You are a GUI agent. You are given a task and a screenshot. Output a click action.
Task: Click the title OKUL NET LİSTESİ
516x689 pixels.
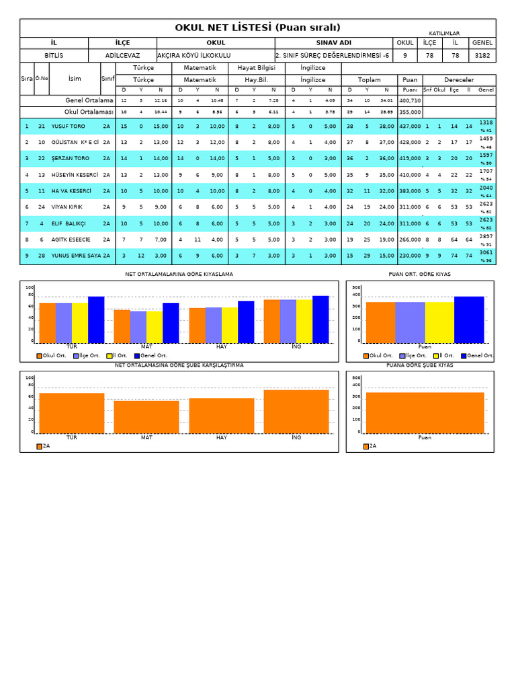coord(257,28)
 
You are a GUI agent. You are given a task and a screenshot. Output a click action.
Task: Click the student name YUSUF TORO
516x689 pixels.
coord(68,126)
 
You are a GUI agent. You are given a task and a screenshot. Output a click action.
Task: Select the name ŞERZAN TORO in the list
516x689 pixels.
coord(70,158)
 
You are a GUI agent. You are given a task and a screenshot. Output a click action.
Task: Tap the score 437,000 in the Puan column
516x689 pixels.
coord(409,126)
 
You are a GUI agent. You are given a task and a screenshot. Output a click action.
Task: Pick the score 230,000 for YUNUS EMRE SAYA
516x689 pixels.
coord(409,256)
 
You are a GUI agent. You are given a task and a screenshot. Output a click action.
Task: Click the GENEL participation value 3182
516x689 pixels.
coord(482,56)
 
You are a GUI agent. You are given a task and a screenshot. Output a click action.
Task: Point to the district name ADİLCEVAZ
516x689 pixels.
coord(122,56)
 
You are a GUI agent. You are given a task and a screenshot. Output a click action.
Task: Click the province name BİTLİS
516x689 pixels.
coord(54,56)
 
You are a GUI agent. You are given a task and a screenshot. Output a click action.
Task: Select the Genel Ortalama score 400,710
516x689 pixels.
coord(409,100)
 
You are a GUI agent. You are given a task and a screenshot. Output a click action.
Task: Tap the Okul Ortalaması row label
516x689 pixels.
coord(89,112)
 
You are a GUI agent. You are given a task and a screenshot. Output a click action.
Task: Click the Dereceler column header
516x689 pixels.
coord(459,79)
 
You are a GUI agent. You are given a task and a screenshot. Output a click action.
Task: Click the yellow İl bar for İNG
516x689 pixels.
coord(304,321)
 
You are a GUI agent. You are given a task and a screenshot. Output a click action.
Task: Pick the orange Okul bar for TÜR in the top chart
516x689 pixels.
coord(48,323)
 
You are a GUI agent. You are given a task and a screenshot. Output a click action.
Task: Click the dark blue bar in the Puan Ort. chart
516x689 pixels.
coord(468,320)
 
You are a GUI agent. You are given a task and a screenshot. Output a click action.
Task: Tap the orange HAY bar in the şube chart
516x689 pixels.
coord(222,416)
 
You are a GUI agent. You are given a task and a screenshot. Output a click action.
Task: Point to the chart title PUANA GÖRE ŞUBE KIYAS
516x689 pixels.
coord(420,365)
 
